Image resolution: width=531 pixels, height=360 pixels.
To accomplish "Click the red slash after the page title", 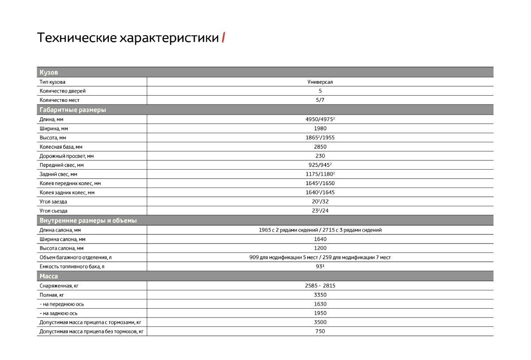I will (x=223, y=38).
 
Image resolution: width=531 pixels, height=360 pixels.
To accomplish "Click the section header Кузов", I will (x=49, y=73).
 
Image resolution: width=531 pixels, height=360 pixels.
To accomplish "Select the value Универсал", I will (x=320, y=82).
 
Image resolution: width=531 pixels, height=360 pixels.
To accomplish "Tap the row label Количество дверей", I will (x=62, y=91).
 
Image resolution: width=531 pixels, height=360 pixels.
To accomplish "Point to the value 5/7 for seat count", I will (x=320, y=100).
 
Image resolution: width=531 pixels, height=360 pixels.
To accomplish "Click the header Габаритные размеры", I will (x=73, y=110).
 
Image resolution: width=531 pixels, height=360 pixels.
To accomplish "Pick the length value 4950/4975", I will (x=319, y=120).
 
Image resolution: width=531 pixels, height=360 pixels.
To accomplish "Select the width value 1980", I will (x=320, y=128).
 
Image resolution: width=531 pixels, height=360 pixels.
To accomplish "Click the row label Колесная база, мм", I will (x=61, y=147).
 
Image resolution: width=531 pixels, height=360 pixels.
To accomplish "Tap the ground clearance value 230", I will (x=320, y=156).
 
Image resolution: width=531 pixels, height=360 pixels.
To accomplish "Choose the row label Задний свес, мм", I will (x=58, y=174).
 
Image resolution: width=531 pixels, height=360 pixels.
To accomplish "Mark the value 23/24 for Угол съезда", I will (x=320, y=211).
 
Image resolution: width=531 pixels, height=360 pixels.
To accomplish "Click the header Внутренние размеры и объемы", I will (x=88, y=221).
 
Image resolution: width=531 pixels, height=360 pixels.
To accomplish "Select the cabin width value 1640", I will (x=320, y=239).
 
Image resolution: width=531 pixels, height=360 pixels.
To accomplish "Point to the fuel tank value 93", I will (x=319, y=267).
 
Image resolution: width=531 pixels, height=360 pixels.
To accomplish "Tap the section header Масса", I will (x=49, y=276).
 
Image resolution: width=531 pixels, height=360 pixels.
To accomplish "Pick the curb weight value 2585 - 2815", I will (x=320, y=286).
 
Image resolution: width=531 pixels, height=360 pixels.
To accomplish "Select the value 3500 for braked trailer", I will (x=320, y=322).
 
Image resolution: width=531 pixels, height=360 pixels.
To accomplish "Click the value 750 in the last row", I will (x=320, y=331).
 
